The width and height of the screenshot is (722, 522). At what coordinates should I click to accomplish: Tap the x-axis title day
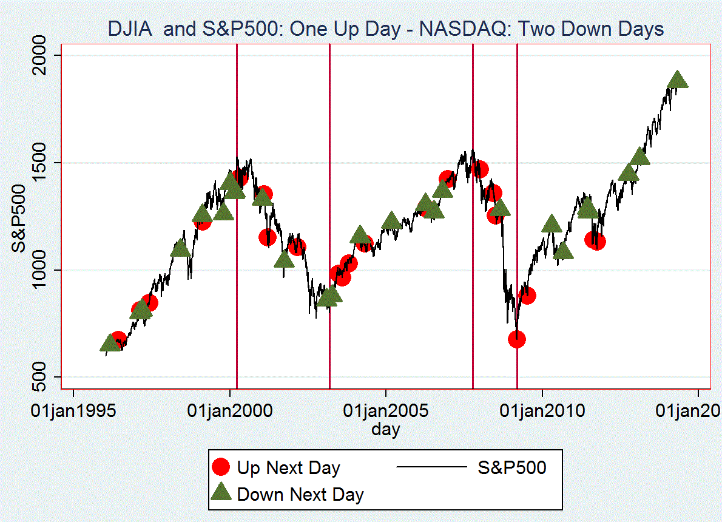point(386,430)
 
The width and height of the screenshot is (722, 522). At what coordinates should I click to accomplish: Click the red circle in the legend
point(222,467)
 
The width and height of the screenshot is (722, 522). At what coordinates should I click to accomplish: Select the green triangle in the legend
point(222,493)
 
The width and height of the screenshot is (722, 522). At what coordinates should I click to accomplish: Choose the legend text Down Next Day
point(300,494)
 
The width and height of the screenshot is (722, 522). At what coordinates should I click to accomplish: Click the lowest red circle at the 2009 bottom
point(517,339)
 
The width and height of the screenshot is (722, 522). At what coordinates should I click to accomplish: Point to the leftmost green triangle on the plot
point(110,344)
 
